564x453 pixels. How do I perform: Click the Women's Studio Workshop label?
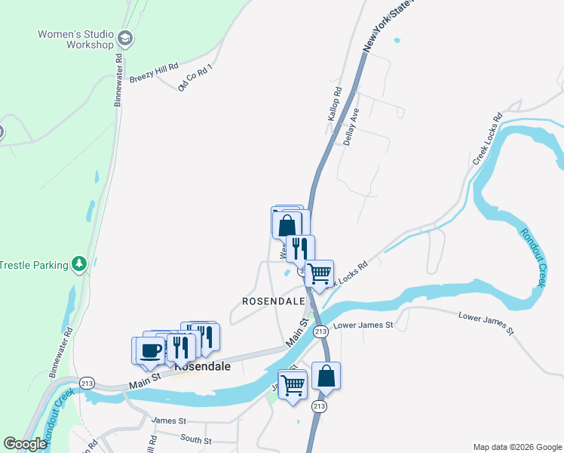pyautogui.click(x=75, y=39)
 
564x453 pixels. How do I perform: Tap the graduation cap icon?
pyautogui.click(x=125, y=39)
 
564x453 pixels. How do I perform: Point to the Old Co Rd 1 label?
pyautogui.click(x=195, y=77)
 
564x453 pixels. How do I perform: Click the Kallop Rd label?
pyautogui.click(x=335, y=104)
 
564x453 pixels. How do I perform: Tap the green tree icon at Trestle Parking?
pyautogui.click(x=78, y=263)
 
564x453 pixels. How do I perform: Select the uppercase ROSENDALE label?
pyautogui.click(x=272, y=300)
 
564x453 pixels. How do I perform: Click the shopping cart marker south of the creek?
pyautogui.click(x=293, y=385)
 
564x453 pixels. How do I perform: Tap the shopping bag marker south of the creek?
pyautogui.click(x=326, y=376)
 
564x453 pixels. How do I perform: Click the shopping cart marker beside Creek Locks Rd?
pyautogui.click(x=320, y=273)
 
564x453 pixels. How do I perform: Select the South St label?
pyautogui.click(x=196, y=439)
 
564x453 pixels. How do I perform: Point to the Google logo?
pyautogui.click(x=25, y=444)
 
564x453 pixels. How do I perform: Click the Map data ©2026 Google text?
pyautogui.click(x=516, y=447)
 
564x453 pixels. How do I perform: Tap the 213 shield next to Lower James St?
pyautogui.click(x=320, y=331)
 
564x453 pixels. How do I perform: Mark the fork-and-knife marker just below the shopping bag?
pyautogui.click(x=300, y=248)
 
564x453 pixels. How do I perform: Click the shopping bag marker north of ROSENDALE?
pyautogui.click(x=287, y=225)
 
